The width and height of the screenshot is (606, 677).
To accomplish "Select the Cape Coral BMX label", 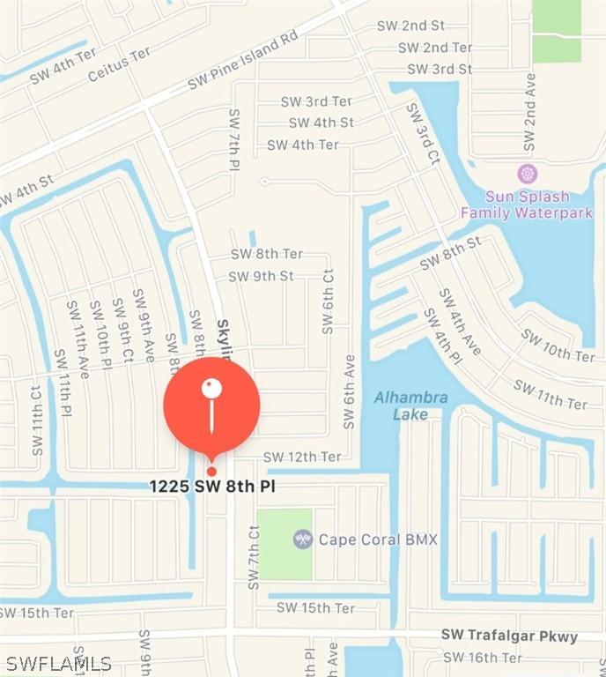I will coord(378,539).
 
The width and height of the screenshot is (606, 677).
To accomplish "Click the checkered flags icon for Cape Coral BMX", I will coord(303,539).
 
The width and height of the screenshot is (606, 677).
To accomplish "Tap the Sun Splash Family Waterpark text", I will coord(527,205).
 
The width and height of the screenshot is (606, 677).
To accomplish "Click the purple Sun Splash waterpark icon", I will coord(528,173).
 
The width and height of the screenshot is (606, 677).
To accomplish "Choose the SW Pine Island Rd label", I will coord(243,63).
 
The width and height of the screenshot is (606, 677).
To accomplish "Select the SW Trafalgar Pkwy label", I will coord(509,636).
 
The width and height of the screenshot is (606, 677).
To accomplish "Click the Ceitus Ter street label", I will coord(120,65).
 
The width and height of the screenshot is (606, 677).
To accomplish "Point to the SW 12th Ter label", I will coord(302,457).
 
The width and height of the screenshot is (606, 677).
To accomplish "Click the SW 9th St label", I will coord(261,276).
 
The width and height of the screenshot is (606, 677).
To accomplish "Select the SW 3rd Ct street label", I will coord(423,132).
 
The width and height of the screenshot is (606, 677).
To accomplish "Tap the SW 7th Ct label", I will coord(254,557).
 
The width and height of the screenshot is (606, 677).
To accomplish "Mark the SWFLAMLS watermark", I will coord(58,663).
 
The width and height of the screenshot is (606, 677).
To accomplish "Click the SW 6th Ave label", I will coord(351,392).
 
